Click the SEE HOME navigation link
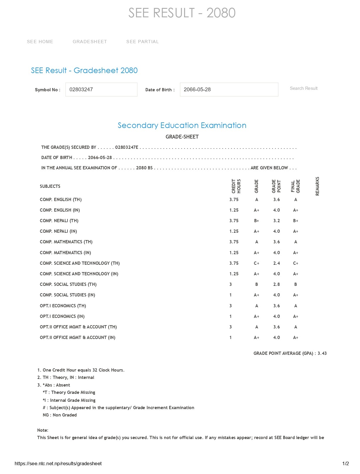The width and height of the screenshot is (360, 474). click(x=40, y=42)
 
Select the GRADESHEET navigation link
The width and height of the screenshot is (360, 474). click(x=90, y=42)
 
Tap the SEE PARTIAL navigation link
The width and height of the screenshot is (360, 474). click(x=142, y=42)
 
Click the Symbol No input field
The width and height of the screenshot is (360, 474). click(x=101, y=90)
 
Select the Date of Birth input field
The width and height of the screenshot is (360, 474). click(x=229, y=90)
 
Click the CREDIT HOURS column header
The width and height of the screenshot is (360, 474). click(x=236, y=186)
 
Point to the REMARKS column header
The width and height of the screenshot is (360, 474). click(x=317, y=186)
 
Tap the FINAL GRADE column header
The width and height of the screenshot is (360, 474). click(x=295, y=186)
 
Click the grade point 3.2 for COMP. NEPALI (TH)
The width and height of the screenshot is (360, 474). click(x=276, y=221)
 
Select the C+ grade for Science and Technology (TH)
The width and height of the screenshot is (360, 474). click(x=257, y=263)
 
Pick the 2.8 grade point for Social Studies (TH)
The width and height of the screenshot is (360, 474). click(x=276, y=284)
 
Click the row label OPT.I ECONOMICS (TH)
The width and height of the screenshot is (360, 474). click(x=63, y=306)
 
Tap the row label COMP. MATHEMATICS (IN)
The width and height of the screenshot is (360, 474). click(x=65, y=253)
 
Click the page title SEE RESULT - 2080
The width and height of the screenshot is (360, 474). click(x=182, y=13)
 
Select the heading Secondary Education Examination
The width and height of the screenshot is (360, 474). click(x=182, y=125)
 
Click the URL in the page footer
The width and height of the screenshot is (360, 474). click(x=58, y=464)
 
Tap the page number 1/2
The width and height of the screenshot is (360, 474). click(x=346, y=464)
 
